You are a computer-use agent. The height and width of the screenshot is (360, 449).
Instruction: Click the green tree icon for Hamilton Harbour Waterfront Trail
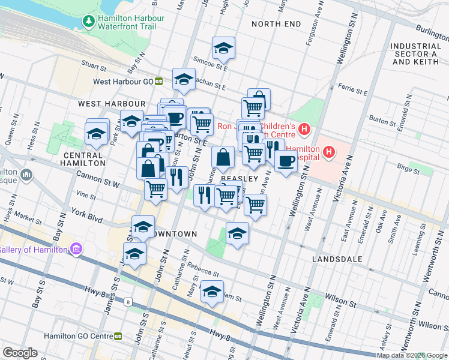click(89, 22)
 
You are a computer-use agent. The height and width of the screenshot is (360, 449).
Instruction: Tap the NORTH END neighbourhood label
click(276, 24)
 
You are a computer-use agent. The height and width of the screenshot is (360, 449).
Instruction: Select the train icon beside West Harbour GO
click(159, 82)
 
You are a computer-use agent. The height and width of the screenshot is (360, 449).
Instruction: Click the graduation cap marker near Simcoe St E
click(223, 48)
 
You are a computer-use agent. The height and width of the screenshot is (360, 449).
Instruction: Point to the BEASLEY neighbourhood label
click(239, 179)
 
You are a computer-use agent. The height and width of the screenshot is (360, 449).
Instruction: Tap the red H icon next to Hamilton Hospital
click(328, 153)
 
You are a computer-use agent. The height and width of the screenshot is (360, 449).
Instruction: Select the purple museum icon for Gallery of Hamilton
click(76, 249)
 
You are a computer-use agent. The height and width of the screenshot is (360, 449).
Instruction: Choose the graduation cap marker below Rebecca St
click(211, 292)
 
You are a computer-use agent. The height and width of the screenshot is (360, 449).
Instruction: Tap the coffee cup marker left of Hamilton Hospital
click(286, 160)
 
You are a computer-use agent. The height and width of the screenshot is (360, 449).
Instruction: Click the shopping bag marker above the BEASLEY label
click(223, 158)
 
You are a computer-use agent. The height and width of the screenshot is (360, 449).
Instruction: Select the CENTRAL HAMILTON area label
click(83, 158)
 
